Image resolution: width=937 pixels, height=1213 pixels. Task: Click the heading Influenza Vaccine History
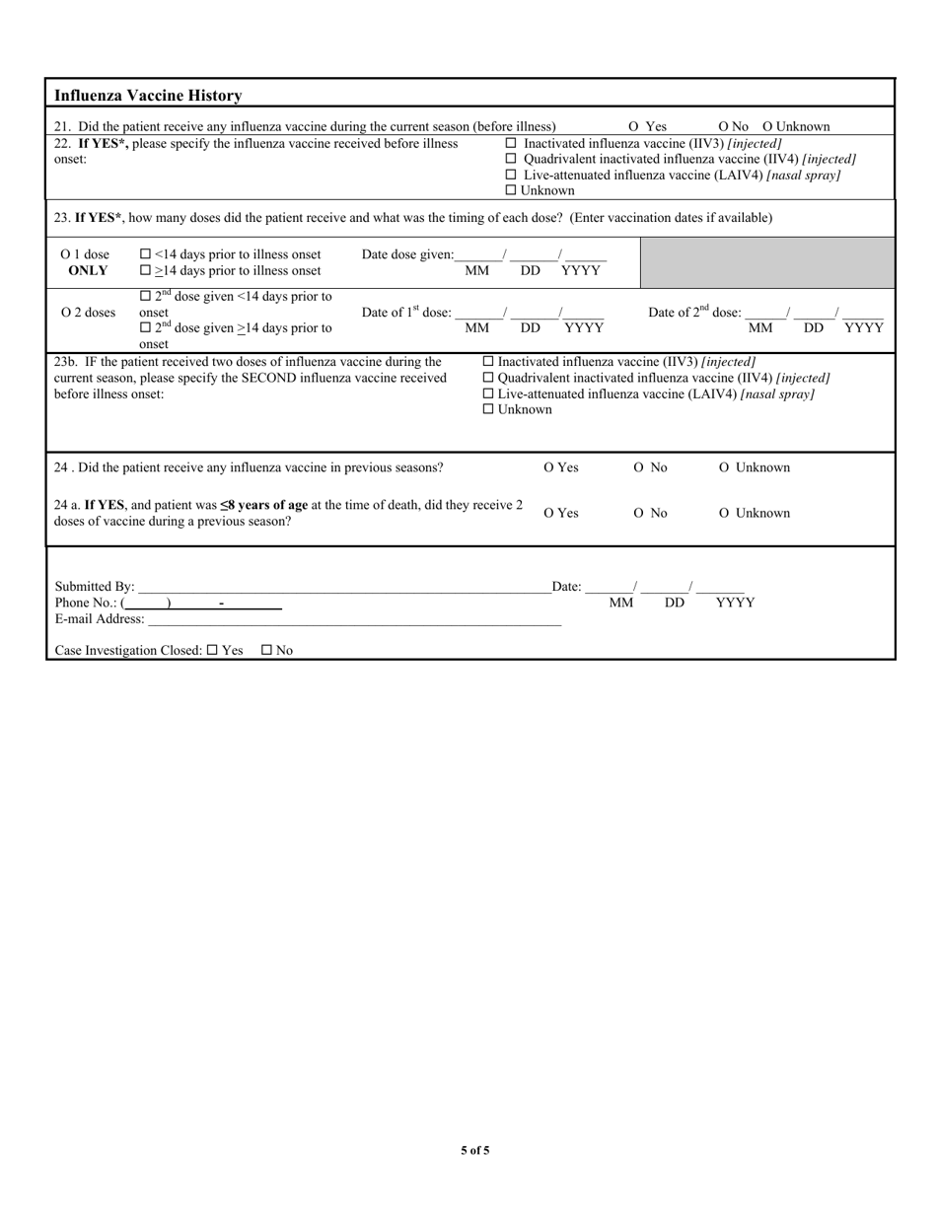pyautogui.click(x=148, y=96)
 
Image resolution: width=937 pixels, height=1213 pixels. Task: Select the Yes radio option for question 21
pyautogui.click(x=634, y=126)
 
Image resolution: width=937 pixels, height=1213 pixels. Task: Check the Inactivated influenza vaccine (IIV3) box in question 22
pyautogui.click(x=511, y=143)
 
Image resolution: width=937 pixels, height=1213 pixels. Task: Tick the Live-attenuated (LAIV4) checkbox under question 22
pyautogui.click(x=511, y=175)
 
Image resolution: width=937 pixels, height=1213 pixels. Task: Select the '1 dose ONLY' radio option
pyautogui.click(x=66, y=254)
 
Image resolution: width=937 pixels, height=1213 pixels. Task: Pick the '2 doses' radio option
pyautogui.click(x=66, y=313)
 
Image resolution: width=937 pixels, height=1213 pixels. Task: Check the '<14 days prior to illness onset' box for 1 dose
pyautogui.click(x=146, y=254)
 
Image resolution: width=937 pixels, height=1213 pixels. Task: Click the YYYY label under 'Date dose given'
pyautogui.click(x=580, y=270)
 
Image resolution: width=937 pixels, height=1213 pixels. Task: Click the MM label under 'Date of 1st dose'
pyautogui.click(x=476, y=327)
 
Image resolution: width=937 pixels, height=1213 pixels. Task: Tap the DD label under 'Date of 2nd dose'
pyautogui.click(x=814, y=327)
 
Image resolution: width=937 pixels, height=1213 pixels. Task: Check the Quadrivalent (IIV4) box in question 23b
pyautogui.click(x=488, y=378)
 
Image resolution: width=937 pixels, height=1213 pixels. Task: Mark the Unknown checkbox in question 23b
pyautogui.click(x=488, y=409)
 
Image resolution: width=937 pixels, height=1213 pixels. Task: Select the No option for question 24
pyautogui.click(x=639, y=467)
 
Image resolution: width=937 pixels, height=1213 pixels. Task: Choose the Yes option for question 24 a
pyautogui.click(x=549, y=513)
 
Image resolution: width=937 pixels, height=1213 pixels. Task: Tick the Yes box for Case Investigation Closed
pyautogui.click(x=212, y=651)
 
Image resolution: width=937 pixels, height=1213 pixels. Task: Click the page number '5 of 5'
pyautogui.click(x=474, y=1150)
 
